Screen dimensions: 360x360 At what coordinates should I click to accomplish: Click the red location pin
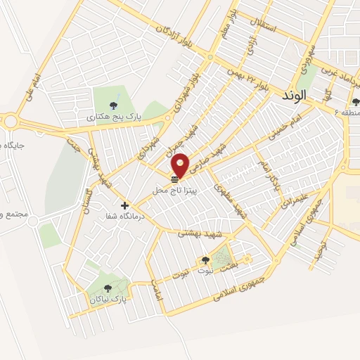tap(181, 165)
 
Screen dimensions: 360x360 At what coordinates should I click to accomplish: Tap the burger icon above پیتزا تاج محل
tap(174, 181)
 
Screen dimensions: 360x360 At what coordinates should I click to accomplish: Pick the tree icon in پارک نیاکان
tap(108, 288)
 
